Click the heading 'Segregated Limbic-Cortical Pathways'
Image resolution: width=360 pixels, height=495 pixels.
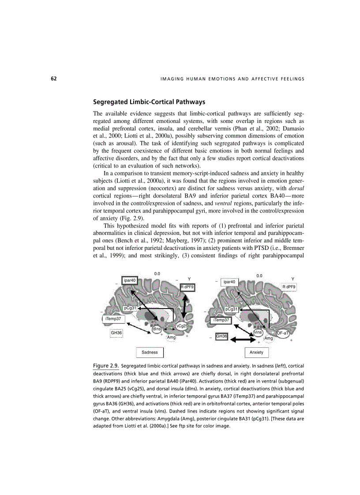click(149, 102)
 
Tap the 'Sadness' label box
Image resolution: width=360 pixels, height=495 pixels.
click(150, 352)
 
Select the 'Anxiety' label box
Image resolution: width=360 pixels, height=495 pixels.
click(256, 352)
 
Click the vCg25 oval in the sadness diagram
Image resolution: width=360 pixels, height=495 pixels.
click(182, 326)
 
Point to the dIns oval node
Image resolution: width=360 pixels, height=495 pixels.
click(157, 329)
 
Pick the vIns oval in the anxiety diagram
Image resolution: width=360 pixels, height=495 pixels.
click(258, 332)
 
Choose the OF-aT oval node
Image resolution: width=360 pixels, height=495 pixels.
click(283, 333)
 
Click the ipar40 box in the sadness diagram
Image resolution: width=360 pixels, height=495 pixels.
click(130, 280)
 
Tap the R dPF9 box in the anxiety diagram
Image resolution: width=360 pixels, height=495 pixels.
click(289, 287)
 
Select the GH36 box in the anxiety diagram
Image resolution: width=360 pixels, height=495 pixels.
click(221, 337)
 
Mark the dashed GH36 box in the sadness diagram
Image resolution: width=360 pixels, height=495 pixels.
click(116, 332)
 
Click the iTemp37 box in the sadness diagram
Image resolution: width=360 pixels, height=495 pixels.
click(112, 318)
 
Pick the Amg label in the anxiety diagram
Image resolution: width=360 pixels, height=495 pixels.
click(269, 338)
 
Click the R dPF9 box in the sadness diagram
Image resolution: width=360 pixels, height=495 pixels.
click(187, 287)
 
